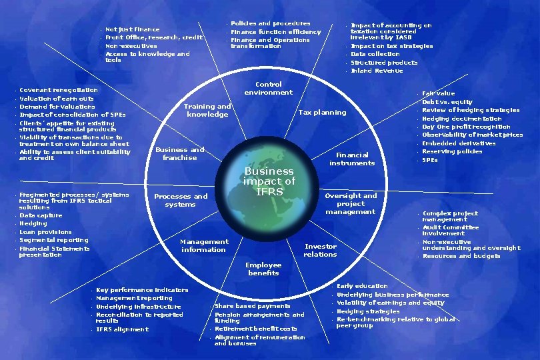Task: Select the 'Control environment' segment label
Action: pyautogui.click(x=268, y=89)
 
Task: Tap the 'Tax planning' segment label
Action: pyautogui.click(x=322, y=113)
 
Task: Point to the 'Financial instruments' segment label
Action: pyautogui.click(x=352, y=159)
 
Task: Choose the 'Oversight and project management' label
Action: pyautogui.click(x=351, y=203)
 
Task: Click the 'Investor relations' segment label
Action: pyautogui.click(x=320, y=250)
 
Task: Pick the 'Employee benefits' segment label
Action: pyautogui.click(x=263, y=269)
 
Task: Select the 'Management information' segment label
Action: pyautogui.click(x=204, y=245)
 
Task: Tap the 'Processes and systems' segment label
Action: pyautogui.click(x=181, y=200)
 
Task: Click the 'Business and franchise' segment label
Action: pyautogui.click(x=180, y=153)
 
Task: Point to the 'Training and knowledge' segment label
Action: pyautogui.click(x=208, y=110)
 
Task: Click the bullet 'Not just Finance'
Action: pyautogui.click(x=133, y=29)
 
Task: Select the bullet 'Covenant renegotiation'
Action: pyautogui.click(x=59, y=90)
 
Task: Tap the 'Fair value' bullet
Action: pyautogui.click(x=439, y=93)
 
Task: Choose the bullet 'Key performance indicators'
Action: pyautogui.click(x=142, y=290)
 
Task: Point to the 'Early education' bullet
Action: pyautogui.click(x=362, y=286)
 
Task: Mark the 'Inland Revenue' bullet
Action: pyautogui.click(x=377, y=71)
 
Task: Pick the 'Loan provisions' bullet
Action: pyautogui.click(x=45, y=232)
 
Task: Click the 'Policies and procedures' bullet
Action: pyautogui.click(x=270, y=24)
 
